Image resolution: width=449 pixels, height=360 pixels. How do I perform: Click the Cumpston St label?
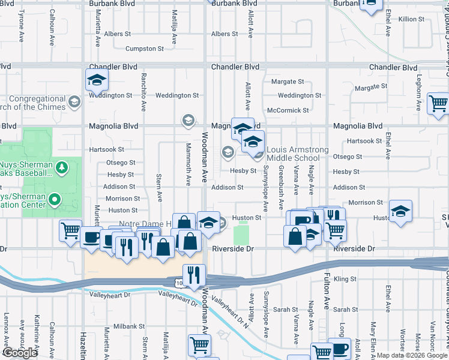[144, 49]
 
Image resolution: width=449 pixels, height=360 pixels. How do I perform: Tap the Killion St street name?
[412, 19]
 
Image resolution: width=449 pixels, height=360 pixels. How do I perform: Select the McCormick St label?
[288, 110]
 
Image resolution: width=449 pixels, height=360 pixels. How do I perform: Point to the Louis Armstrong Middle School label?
[298, 154]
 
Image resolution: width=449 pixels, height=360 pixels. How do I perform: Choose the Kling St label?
[345, 279]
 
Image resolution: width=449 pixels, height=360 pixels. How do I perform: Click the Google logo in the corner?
[20, 353]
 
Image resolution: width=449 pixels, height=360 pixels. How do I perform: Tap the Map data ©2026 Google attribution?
[412, 355]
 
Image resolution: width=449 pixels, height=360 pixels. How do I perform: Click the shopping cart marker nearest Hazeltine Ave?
[70, 230]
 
